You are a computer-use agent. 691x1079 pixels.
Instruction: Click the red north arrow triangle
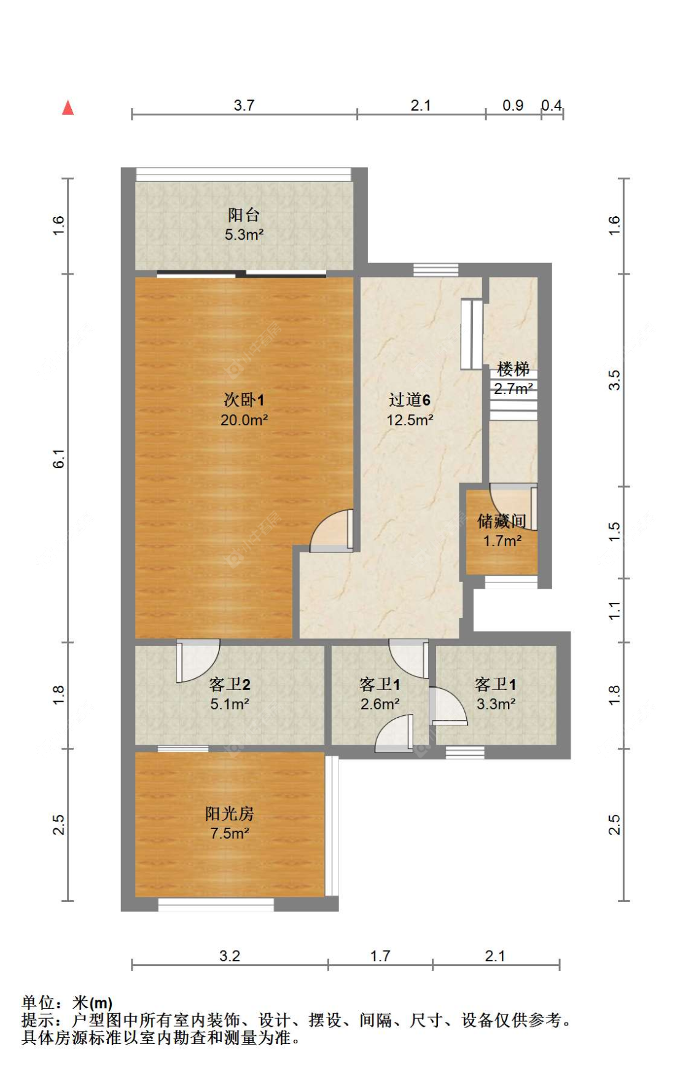tap(68, 108)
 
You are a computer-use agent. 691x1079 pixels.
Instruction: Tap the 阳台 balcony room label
tap(244, 215)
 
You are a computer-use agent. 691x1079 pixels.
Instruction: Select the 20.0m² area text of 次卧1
tap(244, 420)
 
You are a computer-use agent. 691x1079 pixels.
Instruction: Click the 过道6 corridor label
tap(409, 400)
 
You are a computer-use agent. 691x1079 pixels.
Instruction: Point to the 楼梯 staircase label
tap(513, 369)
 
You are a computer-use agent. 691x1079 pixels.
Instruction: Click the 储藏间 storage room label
tap(501, 521)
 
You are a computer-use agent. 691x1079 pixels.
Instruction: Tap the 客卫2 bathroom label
tap(229, 685)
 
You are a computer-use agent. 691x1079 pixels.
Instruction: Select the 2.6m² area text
tap(380, 704)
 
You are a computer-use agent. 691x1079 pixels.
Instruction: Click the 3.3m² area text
tap(496, 704)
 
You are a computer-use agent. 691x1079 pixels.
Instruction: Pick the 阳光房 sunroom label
tap(229, 814)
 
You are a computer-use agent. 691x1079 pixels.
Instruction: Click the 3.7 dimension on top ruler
tap(244, 105)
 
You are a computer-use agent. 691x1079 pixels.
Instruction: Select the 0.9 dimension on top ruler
tap(513, 105)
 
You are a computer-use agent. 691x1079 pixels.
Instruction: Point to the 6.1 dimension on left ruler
tap(58, 458)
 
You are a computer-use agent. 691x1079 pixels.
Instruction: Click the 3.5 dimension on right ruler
tap(614, 380)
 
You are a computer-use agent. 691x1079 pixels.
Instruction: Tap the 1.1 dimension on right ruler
tap(614, 610)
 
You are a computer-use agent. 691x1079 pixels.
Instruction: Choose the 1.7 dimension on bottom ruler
tap(380, 955)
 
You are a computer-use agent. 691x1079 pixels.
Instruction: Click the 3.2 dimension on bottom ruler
tap(229, 955)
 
